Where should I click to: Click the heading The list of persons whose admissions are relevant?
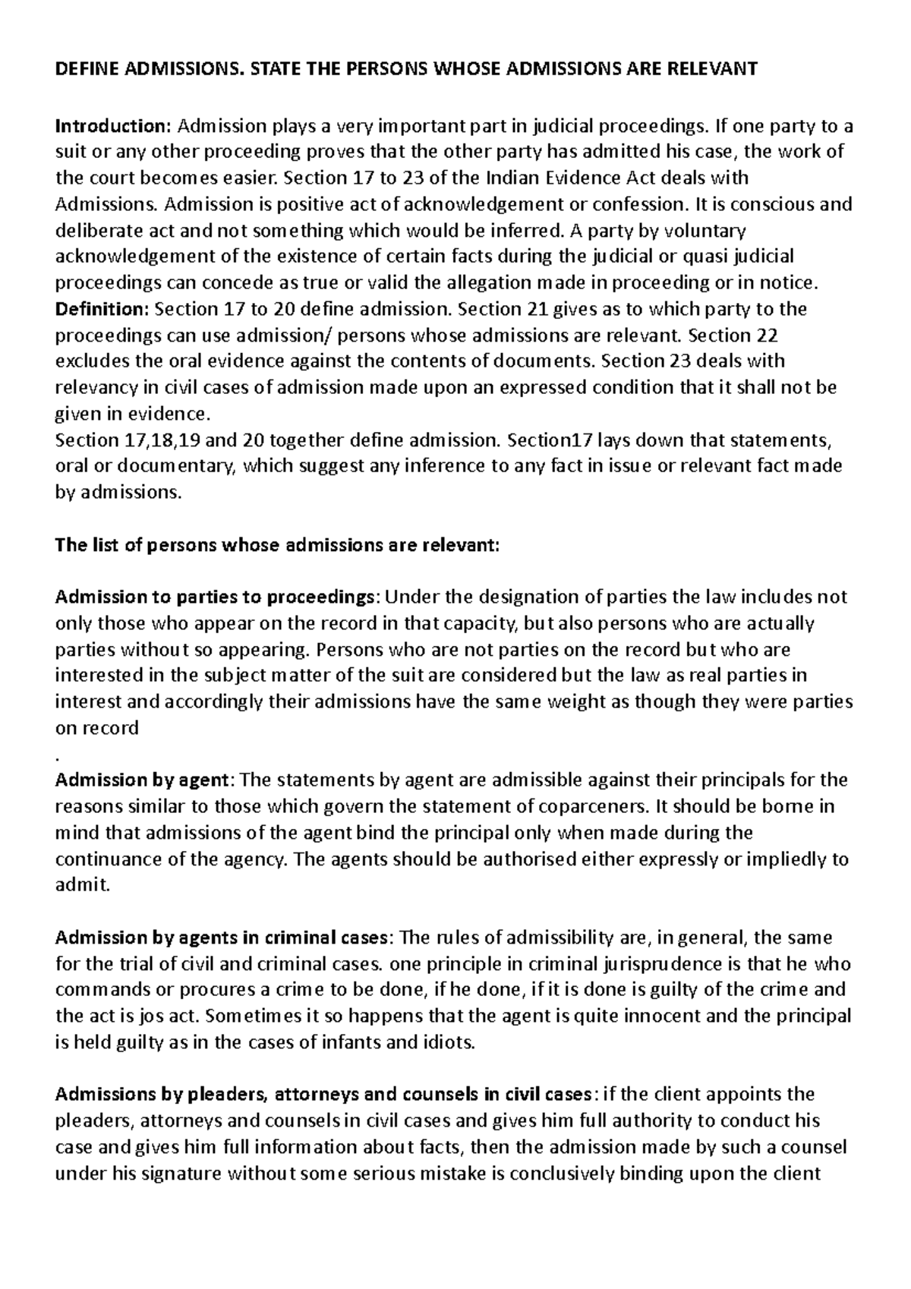278,544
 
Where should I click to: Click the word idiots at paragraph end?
452,1042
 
